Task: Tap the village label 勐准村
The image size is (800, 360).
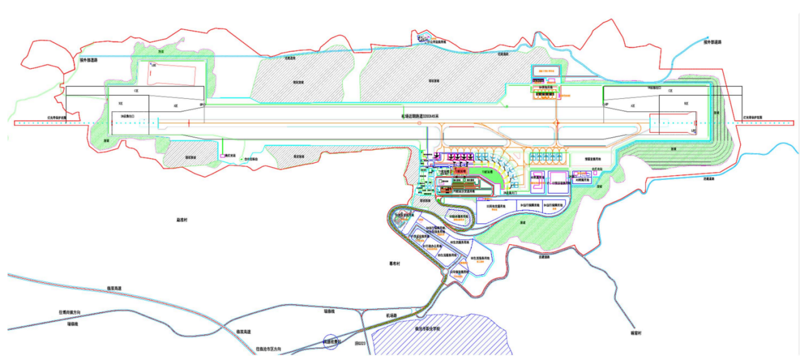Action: pos(182,220)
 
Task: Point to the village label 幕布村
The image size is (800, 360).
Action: pos(394,264)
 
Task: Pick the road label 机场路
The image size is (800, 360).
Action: pos(392,315)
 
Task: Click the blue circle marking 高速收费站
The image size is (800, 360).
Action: pos(331,342)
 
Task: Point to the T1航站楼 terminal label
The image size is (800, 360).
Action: pos(444,171)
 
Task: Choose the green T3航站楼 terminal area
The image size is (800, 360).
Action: pos(486,172)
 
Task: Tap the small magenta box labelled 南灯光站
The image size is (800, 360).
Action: pos(222,154)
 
